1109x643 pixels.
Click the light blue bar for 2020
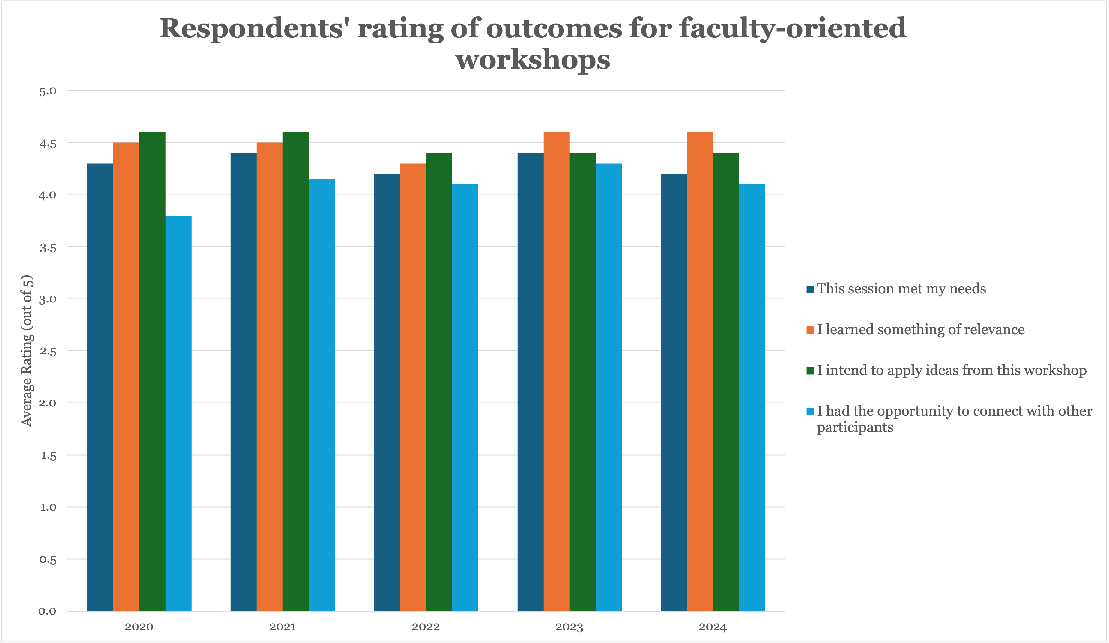click(178, 413)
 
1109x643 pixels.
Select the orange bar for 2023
click(556, 372)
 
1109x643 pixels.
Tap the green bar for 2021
click(296, 372)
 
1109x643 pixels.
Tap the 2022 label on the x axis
click(426, 627)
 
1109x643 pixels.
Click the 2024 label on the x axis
click(713, 627)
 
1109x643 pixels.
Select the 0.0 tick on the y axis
click(47, 611)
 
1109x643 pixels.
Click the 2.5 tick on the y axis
click(47, 351)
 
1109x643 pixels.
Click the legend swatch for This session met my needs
click(810, 289)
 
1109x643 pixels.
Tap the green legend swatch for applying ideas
click(810, 371)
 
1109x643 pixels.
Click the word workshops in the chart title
click(533, 60)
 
